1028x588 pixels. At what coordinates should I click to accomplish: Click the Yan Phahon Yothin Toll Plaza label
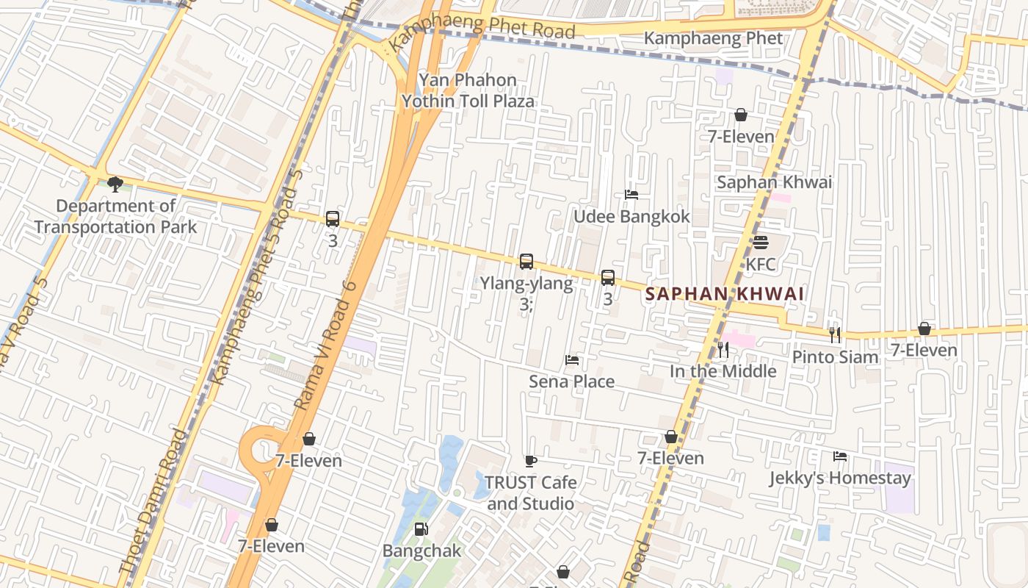[x=468, y=90]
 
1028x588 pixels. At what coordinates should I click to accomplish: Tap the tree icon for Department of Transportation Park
[x=115, y=184]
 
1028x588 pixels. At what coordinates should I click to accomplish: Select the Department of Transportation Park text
[x=115, y=216]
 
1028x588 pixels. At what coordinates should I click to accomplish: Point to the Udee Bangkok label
[x=631, y=216]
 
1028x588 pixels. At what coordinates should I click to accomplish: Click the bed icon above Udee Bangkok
[x=631, y=195]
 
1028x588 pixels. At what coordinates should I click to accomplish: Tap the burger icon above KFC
[x=761, y=243]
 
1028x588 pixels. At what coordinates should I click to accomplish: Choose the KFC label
[x=761, y=264]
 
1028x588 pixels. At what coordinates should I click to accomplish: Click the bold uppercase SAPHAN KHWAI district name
[x=724, y=294]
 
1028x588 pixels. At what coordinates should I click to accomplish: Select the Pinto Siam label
[x=835, y=357]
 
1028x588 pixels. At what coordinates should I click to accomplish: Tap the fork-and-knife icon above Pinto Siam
[x=835, y=334]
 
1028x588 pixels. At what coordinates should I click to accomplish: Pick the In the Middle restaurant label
[x=723, y=371]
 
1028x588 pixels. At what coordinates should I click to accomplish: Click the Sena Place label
[x=572, y=381]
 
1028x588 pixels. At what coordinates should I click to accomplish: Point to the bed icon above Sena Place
[x=572, y=360]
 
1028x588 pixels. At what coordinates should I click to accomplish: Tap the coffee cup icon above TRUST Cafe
[x=531, y=461]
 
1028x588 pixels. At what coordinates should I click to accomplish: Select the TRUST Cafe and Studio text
[x=531, y=493]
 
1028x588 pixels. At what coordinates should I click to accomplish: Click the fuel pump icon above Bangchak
[x=421, y=528]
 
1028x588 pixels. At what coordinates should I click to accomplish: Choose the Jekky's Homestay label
[x=840, y=478]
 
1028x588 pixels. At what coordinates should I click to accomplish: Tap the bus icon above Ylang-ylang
[x=526, y=261]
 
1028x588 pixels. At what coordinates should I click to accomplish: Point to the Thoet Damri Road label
[x=153, y=501]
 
